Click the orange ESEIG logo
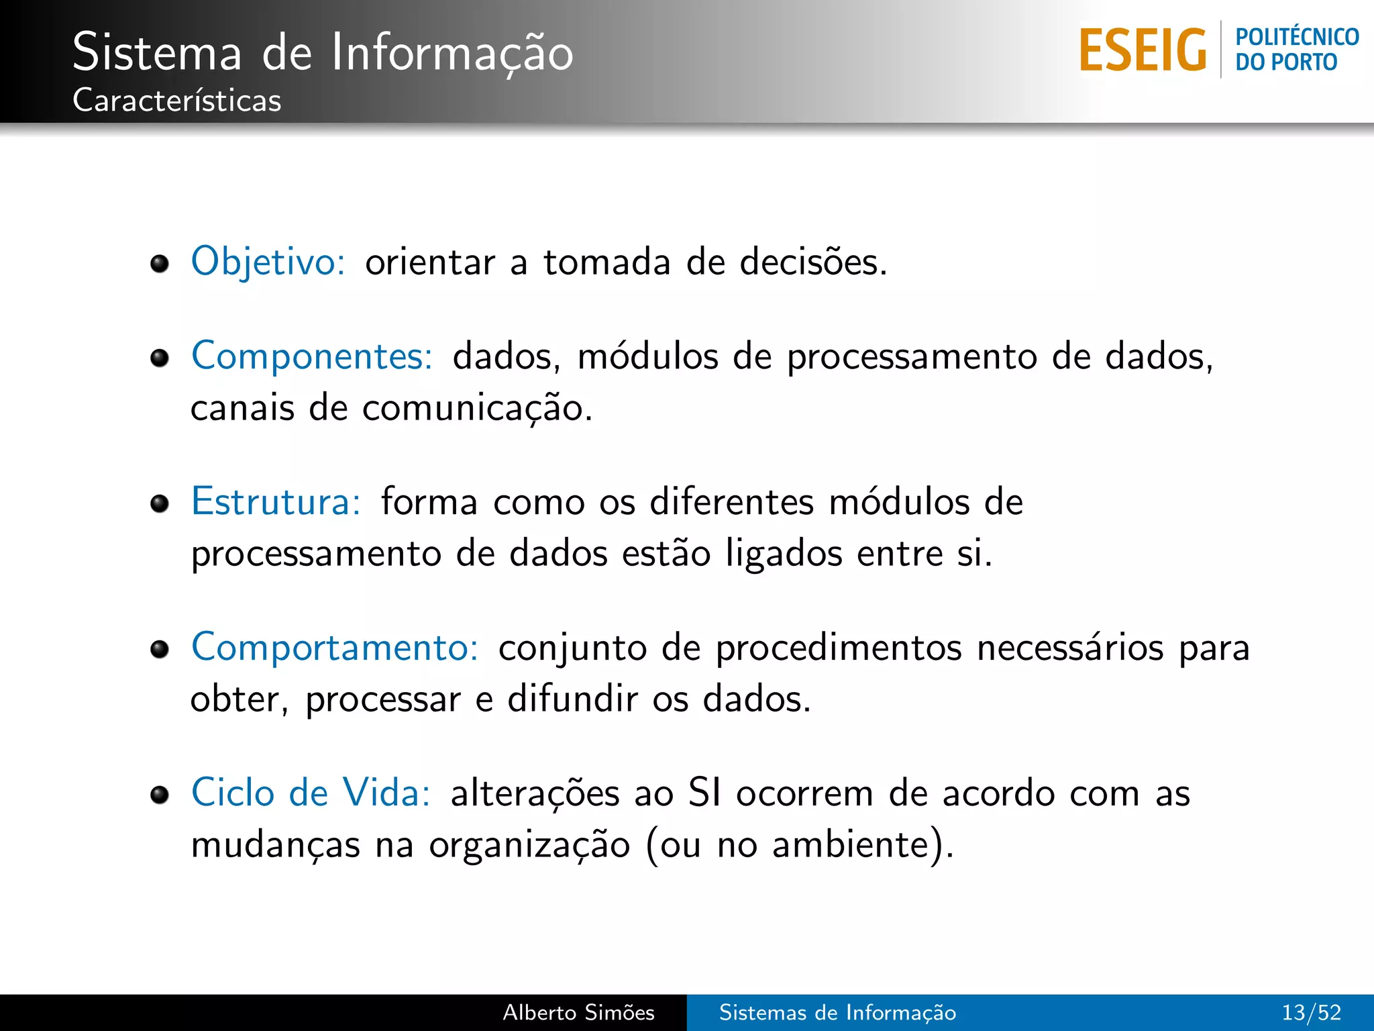click(x=1143, y=50)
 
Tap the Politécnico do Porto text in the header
click(x=1296, y=49)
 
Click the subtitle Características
click(x=176, y=101)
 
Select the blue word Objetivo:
click(x=268, y=261)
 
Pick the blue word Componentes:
click(x=312, y=356)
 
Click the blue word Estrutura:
click(x=276, y=501)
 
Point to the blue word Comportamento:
click(x=335, y=648)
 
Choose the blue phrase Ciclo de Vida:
click(x=311, y=793)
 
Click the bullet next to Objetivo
click(x=160, y=264)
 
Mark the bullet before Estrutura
click(x=160, y=503)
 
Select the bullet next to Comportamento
click(x=160, y=649)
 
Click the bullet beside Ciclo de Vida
click(x=160, y=795)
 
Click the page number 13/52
click(x=1311, y=1012)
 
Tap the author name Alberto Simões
click(x=578, y=1012)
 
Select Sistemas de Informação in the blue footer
click(x=837, y=1012)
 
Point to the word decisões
click(x=812, y=262)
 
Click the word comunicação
click(x=476, y=408)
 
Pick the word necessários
click(x=1070, y=648)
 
